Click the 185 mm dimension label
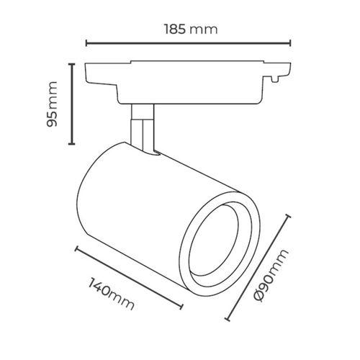click(191, 30)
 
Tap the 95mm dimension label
click(52, 104)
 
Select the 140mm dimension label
click(111, 294)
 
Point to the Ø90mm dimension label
click(271, 275)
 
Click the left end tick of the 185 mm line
click(86, 43)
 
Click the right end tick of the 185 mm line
click(291, 43)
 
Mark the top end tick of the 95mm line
click(71, 64)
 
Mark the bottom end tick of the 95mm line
click(71, 144)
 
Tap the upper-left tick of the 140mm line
click(76, 249)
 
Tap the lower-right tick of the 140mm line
click(181, 307)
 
